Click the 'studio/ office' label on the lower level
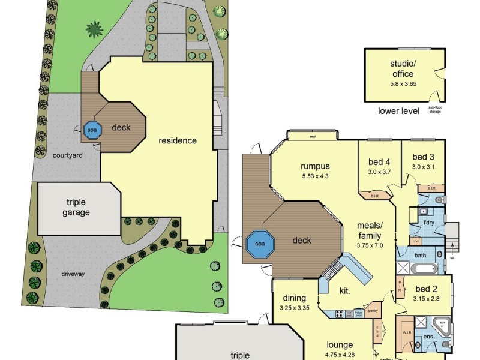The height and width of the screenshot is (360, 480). [x=401, y=70]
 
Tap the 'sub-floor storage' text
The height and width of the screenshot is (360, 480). [x=436, y=110]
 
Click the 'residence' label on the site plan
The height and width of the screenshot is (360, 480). [x=178, y=141]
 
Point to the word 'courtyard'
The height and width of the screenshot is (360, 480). [x=67, y=155]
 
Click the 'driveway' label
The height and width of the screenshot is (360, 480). [x=73, y=274]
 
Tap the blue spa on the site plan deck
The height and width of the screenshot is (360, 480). [x=92, y=130]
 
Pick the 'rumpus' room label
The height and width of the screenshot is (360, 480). [x=316, y=166]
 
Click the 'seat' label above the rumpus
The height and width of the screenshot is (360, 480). [x=313, y=136]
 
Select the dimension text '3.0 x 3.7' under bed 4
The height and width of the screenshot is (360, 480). [x=379, y=172]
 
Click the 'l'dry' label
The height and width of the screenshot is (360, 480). [x=429, y=223]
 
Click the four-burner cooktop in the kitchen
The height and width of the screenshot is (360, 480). [x=340, y=313]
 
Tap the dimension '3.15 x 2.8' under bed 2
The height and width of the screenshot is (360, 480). [x=427, y=298]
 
